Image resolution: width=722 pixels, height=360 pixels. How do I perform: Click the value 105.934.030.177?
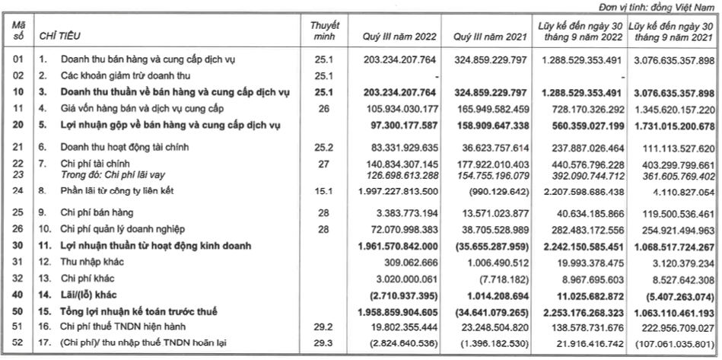395,109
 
